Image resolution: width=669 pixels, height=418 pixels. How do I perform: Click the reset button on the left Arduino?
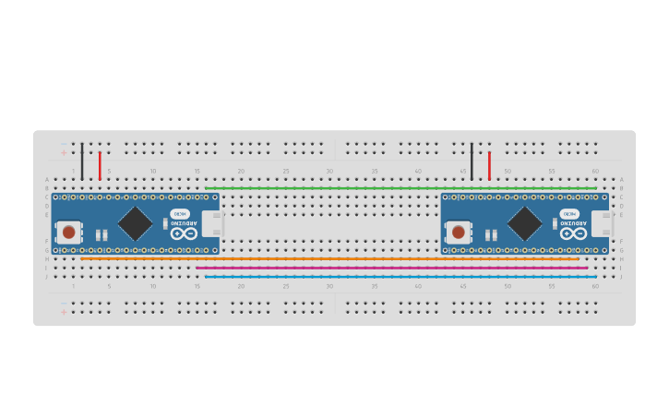point(68,232)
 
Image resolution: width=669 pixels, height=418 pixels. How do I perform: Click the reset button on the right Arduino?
point(459,232)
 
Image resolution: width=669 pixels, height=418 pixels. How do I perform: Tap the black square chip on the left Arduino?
point(135,223)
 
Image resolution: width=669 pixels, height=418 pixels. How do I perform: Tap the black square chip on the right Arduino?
point(524,223)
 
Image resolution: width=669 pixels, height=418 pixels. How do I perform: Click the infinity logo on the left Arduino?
point(184,233)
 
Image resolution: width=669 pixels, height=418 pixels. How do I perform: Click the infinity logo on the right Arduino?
point(573,233)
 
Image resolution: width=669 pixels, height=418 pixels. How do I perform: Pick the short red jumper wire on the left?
point(100,166)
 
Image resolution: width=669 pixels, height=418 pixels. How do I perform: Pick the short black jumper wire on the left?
point(82,161)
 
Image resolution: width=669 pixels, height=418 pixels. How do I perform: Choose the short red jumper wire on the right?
point(489,166)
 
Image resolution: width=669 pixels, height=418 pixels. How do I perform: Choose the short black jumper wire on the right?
point(472,161)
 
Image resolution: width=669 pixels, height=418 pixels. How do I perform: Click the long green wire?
point(400,188)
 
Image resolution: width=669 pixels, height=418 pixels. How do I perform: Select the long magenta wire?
point(391,268)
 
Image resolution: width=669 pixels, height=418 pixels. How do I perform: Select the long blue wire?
point(400,277)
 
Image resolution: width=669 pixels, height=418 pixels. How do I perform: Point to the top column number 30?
point(329,172)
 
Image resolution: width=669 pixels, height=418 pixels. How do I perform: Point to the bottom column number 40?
point(418,286)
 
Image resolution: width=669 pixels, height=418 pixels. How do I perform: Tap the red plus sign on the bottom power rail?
point(64,312)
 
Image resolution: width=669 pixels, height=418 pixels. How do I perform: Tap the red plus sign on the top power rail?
point(64,152)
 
